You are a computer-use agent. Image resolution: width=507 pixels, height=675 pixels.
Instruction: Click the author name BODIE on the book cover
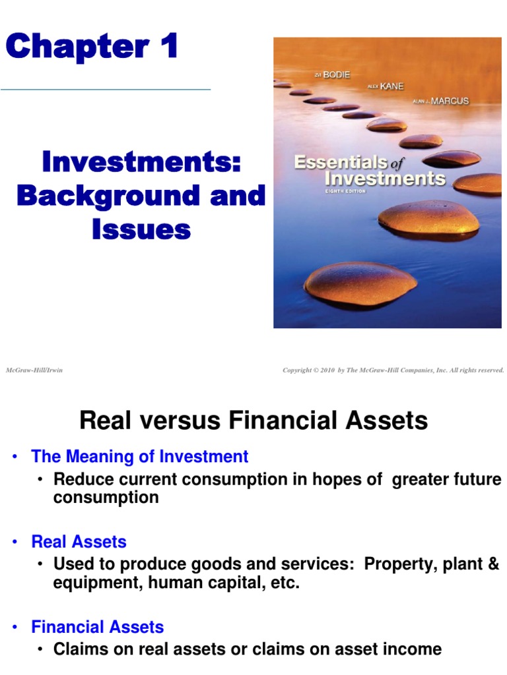pos(335,76)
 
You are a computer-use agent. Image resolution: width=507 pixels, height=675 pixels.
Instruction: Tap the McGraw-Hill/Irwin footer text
pos(34,370)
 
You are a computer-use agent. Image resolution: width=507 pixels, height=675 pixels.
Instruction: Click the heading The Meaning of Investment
pos(140,456)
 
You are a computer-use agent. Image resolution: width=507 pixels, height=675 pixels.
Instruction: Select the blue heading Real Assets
pos(79,542)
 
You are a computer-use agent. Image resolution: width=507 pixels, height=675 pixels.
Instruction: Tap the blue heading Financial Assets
pos(98,627)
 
